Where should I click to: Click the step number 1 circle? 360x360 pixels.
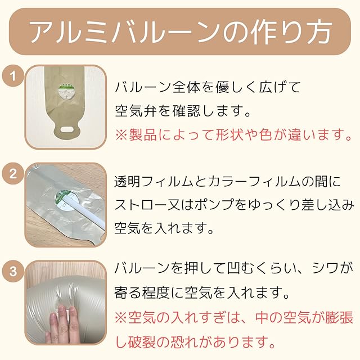(13, 76)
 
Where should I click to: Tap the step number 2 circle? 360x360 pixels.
(13, 174)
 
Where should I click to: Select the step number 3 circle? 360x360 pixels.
(13, 271)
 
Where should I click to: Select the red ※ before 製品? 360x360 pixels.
(121, 135)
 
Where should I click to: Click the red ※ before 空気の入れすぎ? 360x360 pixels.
(121, 318)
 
